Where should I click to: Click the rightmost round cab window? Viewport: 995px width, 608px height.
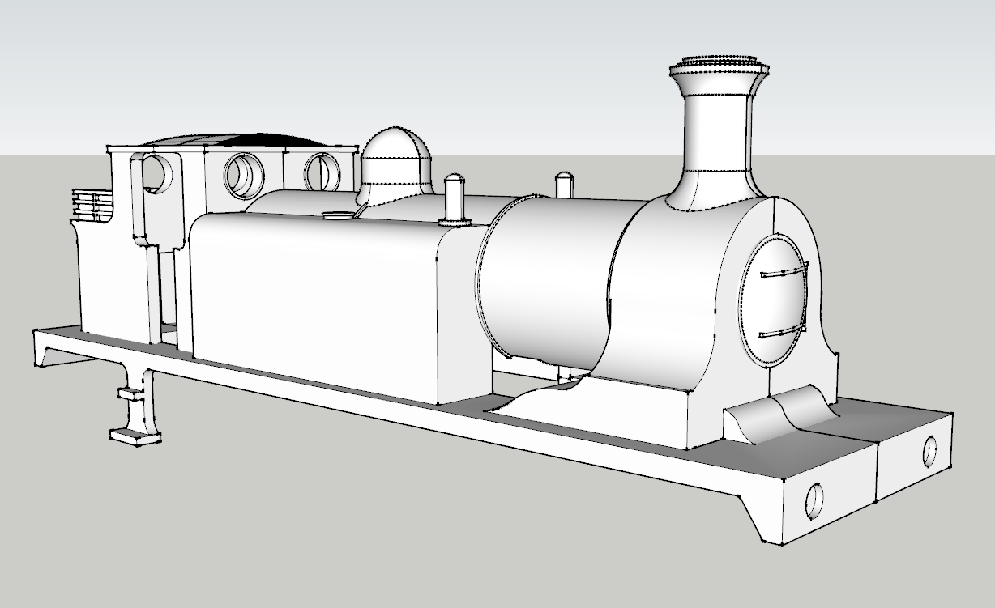click(322, 172)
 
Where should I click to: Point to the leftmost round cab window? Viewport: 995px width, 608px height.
click(160, 174)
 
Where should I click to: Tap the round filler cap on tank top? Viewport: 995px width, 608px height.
click(336, 215)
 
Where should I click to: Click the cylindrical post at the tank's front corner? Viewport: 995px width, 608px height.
click(455, 198)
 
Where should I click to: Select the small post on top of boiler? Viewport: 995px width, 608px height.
click(564, 185)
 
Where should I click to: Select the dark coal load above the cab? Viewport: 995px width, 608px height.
click(243, 140)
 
